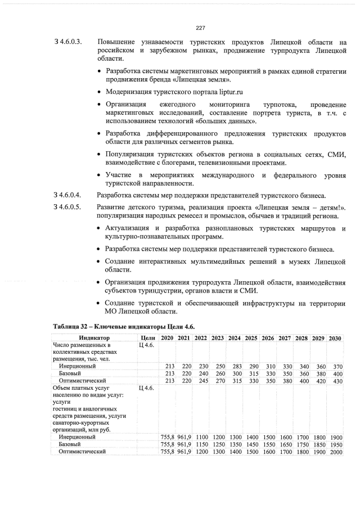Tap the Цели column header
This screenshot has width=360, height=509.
pos(146,337)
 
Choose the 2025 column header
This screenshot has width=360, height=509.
pos(251,337)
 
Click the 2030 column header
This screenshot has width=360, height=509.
pos(336,337)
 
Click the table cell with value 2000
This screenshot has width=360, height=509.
pos(336,452)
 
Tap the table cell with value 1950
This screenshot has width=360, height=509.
pos(336,444)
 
